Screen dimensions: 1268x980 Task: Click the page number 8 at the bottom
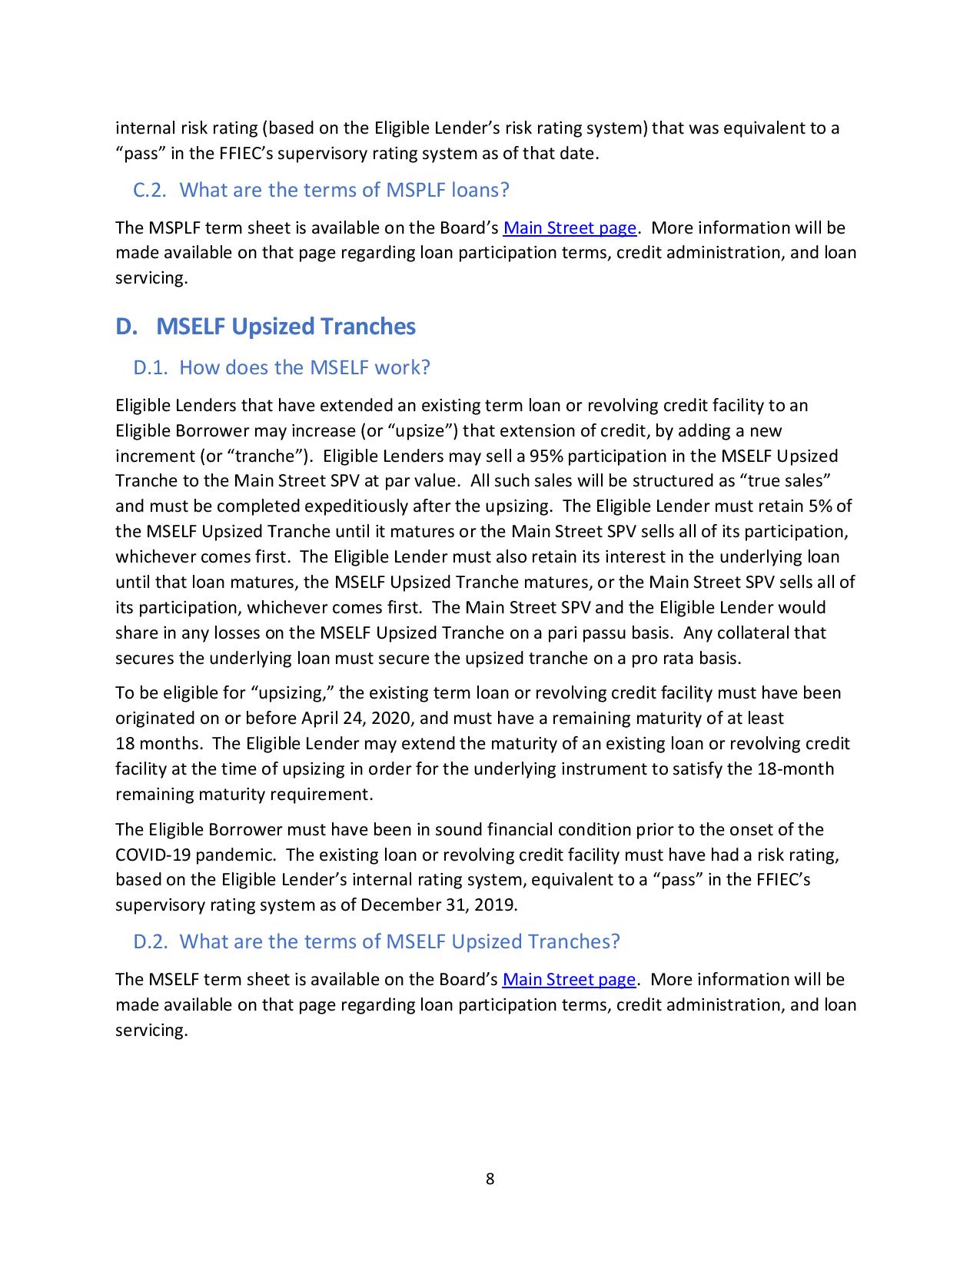490,1179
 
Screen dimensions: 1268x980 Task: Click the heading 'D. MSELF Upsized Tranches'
265,327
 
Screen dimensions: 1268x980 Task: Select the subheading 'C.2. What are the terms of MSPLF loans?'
321,190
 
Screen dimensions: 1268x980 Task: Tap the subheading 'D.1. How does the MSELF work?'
281,367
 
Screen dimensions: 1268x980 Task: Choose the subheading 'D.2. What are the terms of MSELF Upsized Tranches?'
377,941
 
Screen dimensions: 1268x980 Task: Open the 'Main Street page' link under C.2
570,228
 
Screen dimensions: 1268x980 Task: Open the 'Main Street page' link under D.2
569,980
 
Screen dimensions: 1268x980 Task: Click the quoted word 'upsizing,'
292,693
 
